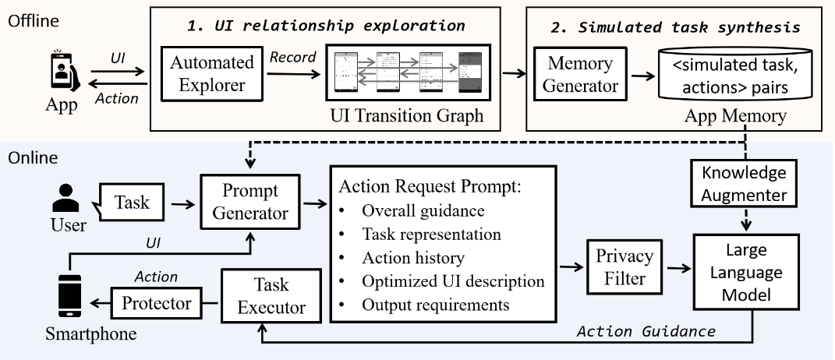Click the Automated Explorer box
212,73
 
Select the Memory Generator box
581,74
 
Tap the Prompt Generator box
251,202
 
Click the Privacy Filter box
624,267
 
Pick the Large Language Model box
746,272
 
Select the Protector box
157,303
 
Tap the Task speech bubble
129,203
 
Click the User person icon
66,198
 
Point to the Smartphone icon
69,296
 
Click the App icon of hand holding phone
65,70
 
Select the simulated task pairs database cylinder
735,73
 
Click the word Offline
34,21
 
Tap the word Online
33,157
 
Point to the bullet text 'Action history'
413,258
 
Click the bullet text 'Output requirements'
436,305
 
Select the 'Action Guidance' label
646,331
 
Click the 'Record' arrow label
293,57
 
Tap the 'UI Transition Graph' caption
407,115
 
